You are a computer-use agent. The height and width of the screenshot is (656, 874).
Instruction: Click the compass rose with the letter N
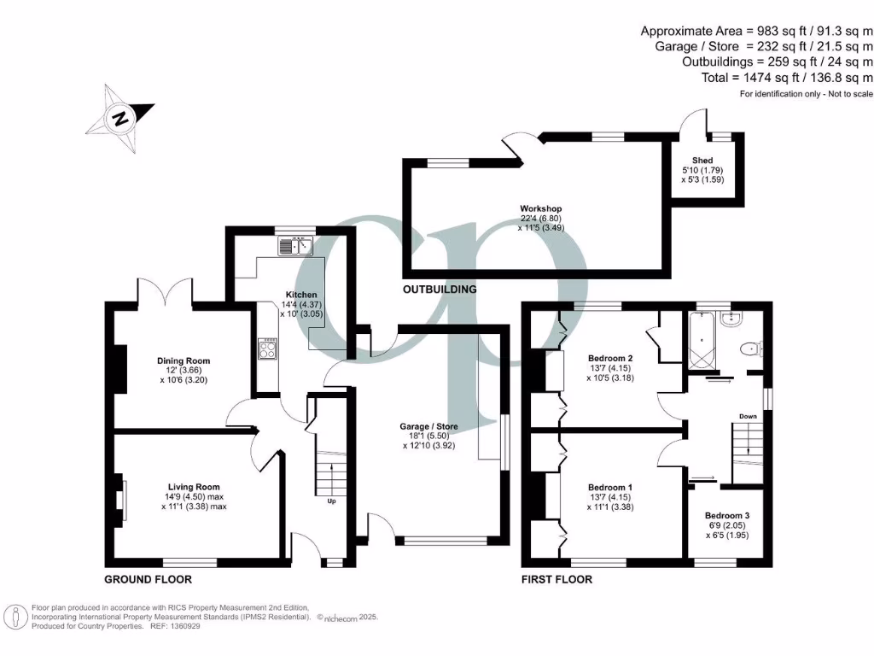[x=120, y=118]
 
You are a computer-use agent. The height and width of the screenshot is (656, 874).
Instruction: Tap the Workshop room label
[x=541, y=208]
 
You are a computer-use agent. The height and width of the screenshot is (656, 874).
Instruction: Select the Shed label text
[x=702, y=161]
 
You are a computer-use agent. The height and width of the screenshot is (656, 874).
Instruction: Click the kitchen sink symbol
[x=295, y=246]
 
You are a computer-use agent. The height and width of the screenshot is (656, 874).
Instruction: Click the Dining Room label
[x=183, y=360]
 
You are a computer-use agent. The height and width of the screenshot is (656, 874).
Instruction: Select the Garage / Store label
[x=429, y=426]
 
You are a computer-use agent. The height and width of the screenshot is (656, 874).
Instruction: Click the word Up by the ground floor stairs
[x=331, y=501]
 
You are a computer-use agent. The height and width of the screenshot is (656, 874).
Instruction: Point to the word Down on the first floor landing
[x=748, y=417]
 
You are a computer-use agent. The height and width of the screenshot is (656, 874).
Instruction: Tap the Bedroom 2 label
[x=610, y=358]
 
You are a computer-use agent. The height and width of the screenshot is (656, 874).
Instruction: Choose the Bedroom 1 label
[x=610, y=487]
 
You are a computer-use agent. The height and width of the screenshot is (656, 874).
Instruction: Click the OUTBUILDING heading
[x=439, y=290]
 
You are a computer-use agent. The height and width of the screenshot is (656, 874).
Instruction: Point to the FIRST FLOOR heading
[x=556, y=579]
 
